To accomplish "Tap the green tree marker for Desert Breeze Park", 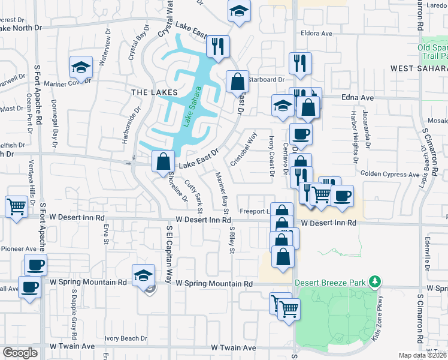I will coord(376,281).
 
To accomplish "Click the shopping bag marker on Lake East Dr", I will coord(164,161).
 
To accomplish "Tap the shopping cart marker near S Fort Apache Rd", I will coord(16,206).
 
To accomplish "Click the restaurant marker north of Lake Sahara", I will coord(217,46).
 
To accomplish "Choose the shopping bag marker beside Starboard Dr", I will coord(237,80).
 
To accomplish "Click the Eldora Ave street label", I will coord(317,34).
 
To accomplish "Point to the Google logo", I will coord(20,353).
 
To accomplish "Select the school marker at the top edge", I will coord(239,12).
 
